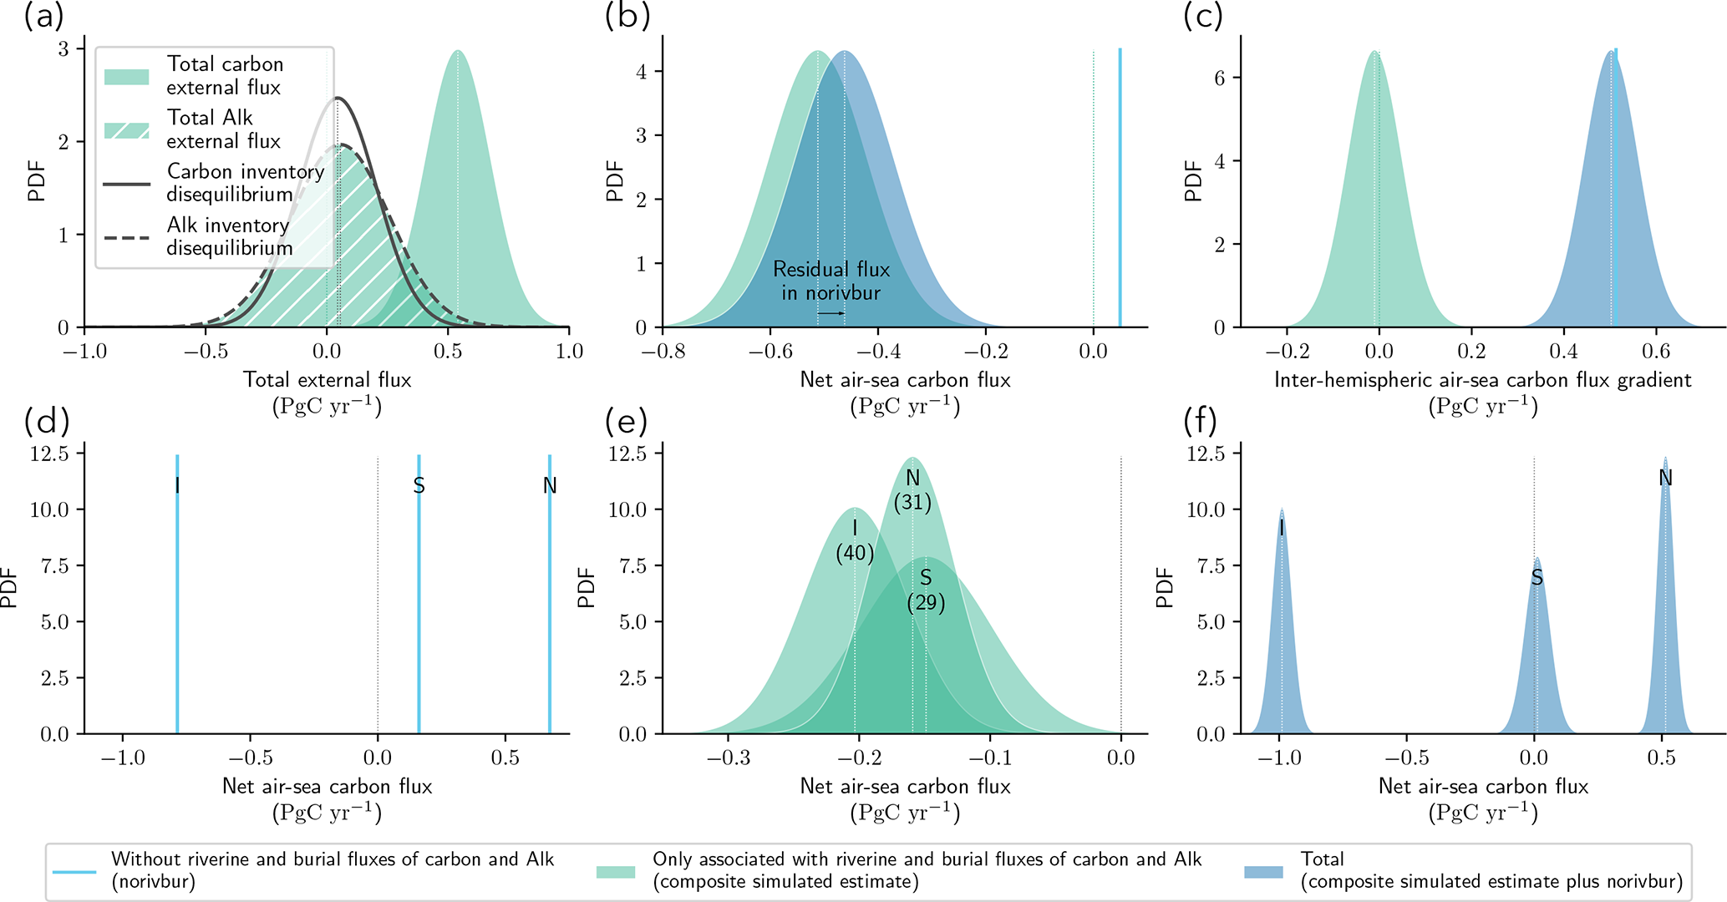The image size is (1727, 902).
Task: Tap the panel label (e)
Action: pos(626,423)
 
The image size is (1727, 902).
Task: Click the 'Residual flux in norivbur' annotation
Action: pos(830,281)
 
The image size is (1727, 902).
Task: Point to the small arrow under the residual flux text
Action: pos(830,313)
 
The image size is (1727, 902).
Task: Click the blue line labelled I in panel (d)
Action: pos(177,585)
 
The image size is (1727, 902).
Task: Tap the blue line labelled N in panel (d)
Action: pos(550,585)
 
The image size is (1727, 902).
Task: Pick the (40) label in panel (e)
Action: pos(855,553)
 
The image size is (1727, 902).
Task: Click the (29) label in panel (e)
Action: pos(926,603)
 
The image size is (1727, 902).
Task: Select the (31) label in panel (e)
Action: pos(912,502)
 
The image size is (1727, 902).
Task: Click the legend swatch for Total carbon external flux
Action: pos(127,77)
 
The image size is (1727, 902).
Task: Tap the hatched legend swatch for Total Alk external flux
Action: pos(127,130)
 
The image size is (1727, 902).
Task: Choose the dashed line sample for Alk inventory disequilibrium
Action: pos(127,238)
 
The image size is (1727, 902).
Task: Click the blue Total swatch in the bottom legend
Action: pos(1262,871)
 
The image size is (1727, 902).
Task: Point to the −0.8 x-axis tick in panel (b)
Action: pos(663,352)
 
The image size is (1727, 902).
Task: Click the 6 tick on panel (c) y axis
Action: pos(1222,78)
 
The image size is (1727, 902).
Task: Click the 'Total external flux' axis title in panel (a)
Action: pos(327,381)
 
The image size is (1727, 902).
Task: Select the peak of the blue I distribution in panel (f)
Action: pos(1282,511)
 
